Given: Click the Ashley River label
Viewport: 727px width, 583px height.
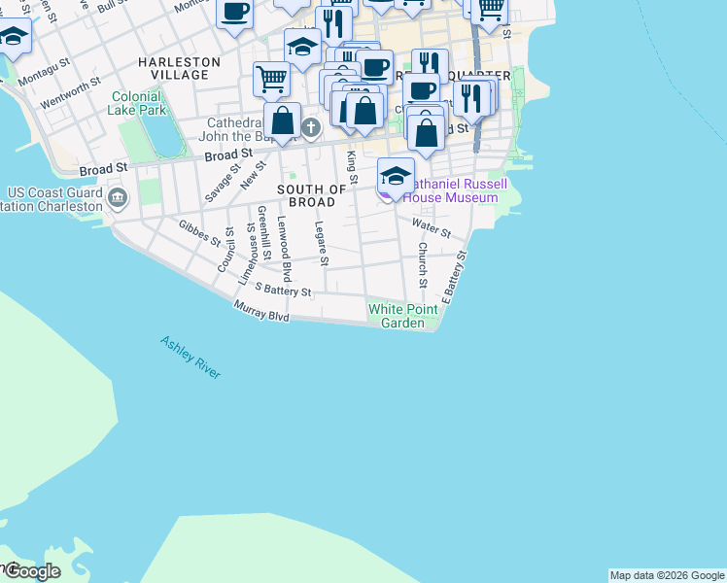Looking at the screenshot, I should pyautogui.click(x=190, y=358).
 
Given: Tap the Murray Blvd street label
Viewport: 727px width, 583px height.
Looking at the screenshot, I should pyautogui.click(x=261, y=312).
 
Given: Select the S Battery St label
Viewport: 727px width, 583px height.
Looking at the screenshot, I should pyautogui.click(x=283, y=290).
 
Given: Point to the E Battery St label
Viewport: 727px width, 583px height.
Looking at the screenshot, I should pyautogui.click(x=455, y=277).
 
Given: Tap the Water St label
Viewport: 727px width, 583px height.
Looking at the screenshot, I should pyautogui.click(x=432, y=228).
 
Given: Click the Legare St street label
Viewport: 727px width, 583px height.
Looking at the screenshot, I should pyautogui.click(x=322, y=243).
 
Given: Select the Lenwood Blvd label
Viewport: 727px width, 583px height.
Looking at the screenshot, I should pyautogui.click(x=284, y=250).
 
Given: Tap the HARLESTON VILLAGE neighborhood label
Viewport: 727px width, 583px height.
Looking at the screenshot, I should pyautogui.click(x=179, y=68).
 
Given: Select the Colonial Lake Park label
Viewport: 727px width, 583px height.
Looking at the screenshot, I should pyautogui.click(x=139, y=103).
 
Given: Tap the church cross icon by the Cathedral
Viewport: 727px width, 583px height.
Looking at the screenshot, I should pyautogui.click(x=310, y=127).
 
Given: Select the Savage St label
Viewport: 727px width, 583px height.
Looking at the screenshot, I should pyautogui.click(x=223, y=183).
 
